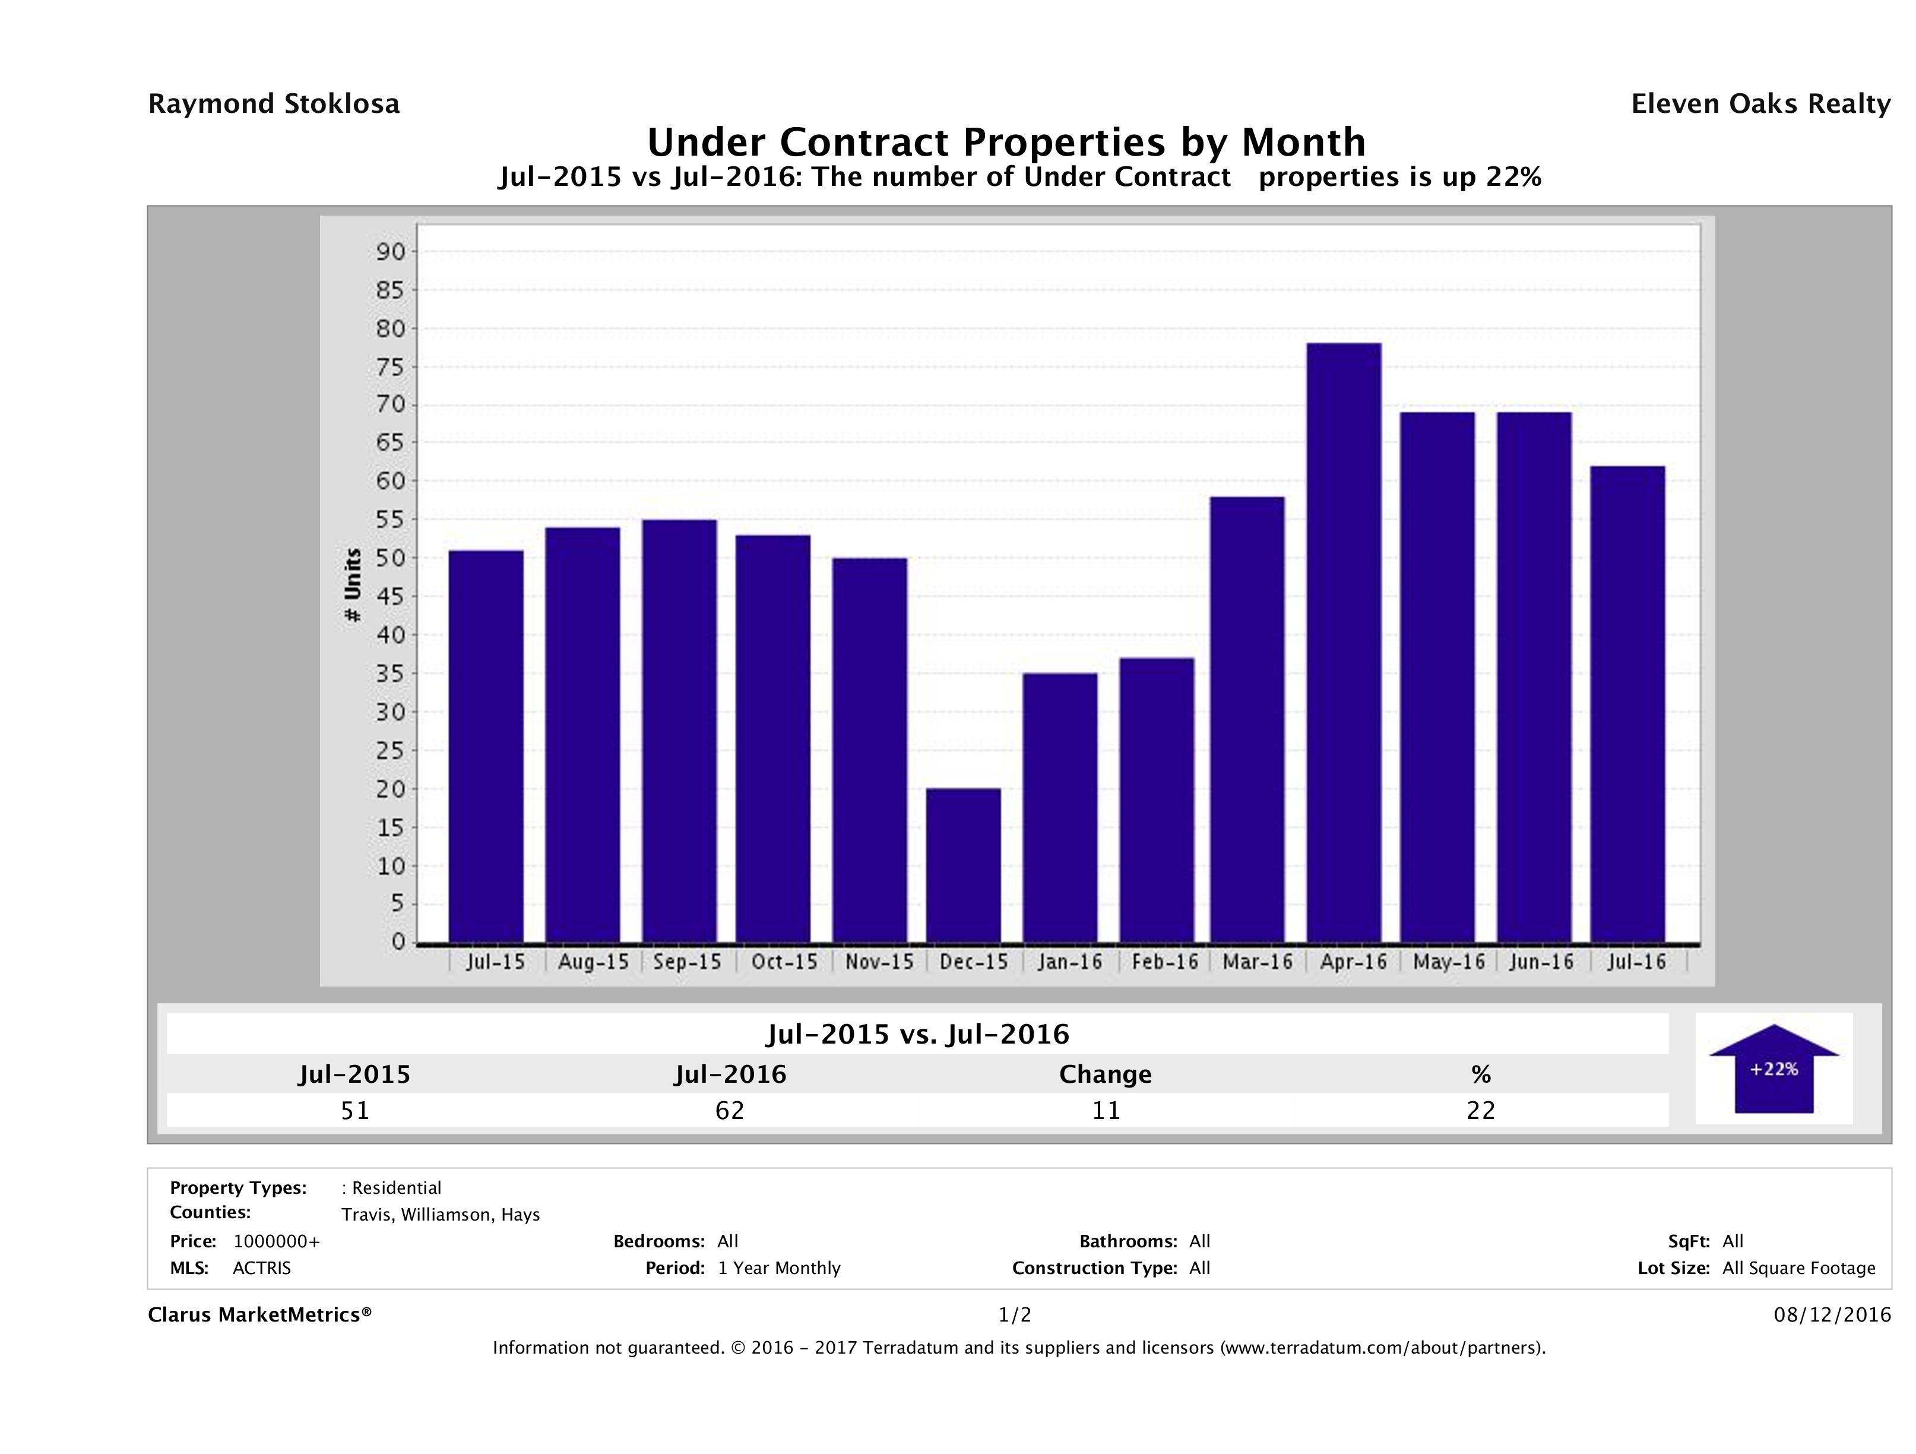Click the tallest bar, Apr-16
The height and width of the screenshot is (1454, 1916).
pos(1344,642)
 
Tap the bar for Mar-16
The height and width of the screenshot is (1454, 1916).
pos(1247,719)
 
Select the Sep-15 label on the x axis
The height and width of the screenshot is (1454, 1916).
pos(687,962)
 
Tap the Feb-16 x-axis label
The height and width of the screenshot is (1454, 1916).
pos(1164,962)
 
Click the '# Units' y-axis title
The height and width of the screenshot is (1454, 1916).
pos(353,585)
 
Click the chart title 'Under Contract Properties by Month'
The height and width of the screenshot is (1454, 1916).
pos(1006,141)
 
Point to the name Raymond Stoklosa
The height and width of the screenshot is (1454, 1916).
pos(274,104)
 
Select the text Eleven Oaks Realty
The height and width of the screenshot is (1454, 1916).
pos(1760,104)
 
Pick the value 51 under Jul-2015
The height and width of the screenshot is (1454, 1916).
pos(355,1110)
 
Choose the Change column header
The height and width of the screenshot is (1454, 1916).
pos(1106,1074)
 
